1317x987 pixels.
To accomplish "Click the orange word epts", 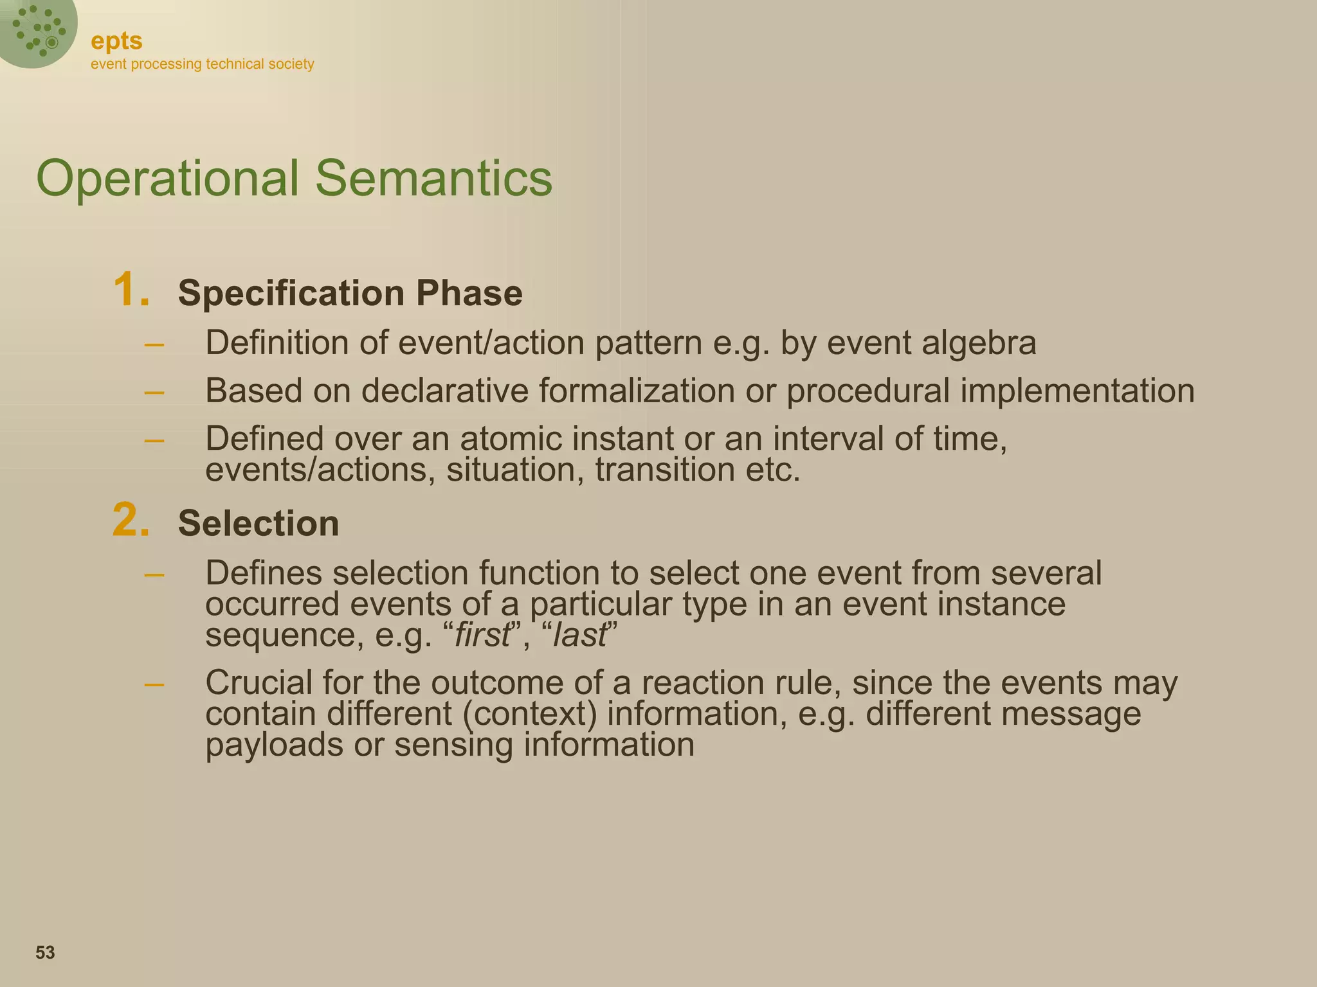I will tap(116, 41).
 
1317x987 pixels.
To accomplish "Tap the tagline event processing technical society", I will tap(202, 64).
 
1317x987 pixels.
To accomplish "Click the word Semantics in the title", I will tap(433, 178).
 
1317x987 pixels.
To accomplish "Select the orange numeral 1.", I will tap(131, 290).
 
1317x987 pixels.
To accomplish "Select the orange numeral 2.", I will tap(131, 520).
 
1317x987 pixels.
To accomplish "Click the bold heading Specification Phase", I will tap(350, 293).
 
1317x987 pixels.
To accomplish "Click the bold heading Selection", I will tap(258, 523).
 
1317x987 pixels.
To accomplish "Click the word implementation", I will tap(1077, 391).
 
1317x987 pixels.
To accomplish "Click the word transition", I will tap(665, 470).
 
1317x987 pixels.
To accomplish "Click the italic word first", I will tap(482, 636).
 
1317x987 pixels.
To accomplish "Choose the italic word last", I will tap(579, 636).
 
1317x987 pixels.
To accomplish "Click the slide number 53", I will tap(45, 952).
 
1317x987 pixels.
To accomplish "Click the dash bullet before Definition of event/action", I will tap(154, 345).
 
